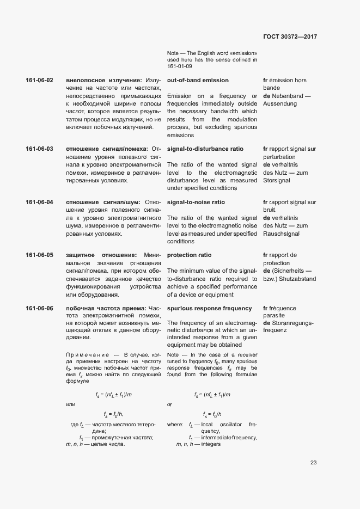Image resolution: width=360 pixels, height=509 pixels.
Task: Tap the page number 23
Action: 313,463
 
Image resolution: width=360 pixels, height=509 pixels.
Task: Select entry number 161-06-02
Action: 39,81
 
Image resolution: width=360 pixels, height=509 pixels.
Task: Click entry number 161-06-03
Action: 39,149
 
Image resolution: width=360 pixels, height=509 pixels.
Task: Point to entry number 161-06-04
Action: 39,203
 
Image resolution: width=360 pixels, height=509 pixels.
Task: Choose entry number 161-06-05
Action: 39,255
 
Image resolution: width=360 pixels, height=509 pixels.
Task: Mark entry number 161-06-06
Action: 39,309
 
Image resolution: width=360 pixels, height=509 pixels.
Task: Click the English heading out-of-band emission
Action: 198,81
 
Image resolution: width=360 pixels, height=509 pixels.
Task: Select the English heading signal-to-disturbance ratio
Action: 205,149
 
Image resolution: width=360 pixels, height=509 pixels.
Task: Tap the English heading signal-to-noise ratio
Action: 196,203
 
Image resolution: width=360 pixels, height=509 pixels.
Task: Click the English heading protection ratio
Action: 189,255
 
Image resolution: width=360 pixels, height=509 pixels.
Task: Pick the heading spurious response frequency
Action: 210,309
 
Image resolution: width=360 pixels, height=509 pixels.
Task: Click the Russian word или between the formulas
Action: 70,404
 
